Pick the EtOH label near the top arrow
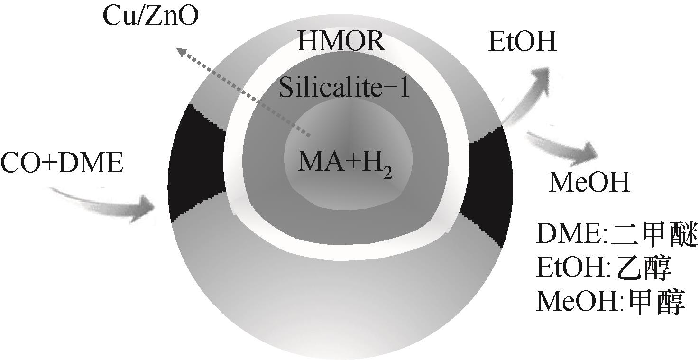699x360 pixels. coord(522,42)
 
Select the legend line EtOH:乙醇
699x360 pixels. coord(605,269)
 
